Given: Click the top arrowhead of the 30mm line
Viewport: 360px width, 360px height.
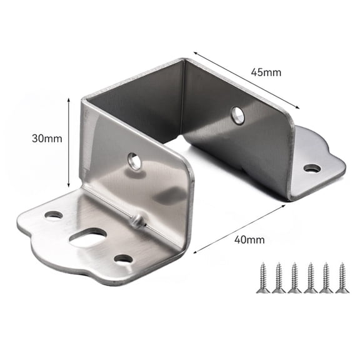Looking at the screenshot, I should (68, 101).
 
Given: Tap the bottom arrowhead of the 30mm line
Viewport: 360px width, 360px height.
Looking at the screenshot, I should (68, 184).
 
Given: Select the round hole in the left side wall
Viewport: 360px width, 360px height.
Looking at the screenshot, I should (134, 161).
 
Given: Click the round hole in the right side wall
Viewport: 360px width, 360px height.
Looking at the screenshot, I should (237, 114).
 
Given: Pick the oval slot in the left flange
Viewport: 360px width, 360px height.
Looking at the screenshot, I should (87, 237).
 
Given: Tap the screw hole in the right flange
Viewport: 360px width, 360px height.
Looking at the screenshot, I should (312, 167).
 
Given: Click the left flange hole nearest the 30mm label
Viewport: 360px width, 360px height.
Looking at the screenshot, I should (54, 215).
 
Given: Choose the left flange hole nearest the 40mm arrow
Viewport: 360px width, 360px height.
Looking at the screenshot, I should (124, 258).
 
